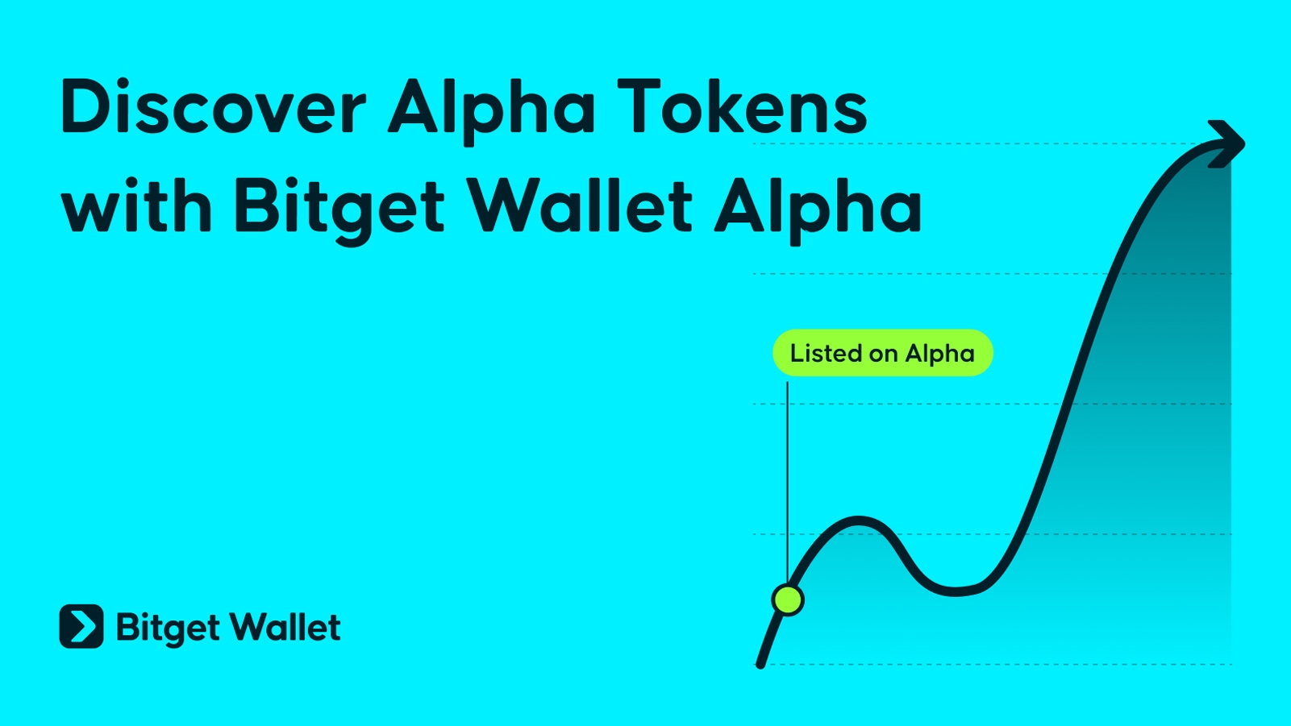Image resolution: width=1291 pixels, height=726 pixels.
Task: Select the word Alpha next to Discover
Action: (x=492, y=112)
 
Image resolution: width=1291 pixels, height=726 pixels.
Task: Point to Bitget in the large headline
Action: (x=339, y=211)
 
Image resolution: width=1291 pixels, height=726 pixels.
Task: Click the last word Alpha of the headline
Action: (x=818, y=210)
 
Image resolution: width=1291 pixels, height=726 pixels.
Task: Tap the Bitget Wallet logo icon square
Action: (x=81, y=626)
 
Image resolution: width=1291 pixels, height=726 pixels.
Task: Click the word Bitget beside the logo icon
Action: (x=168, y=629)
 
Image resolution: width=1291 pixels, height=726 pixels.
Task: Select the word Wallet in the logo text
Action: (x=285, y=626)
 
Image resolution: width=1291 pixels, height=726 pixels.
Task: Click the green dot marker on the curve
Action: (x=787, y=599)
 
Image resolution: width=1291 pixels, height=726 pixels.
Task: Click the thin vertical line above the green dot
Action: (x=787, y=483)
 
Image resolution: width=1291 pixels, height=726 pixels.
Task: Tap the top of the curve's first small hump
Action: (x=859, y=521)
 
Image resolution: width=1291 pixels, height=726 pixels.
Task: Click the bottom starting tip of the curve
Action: (x=760, y=665)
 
